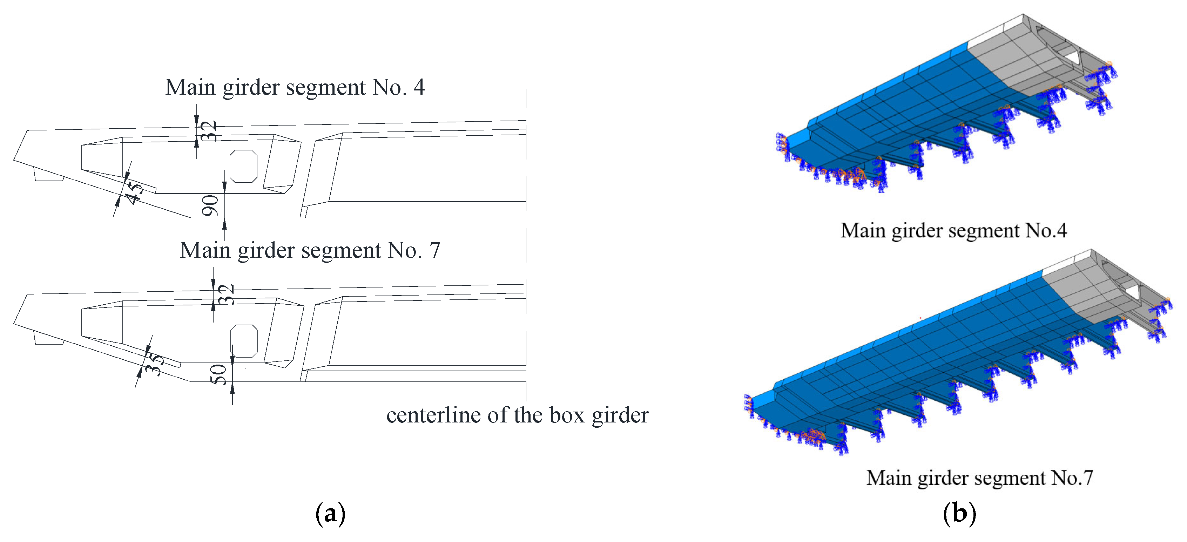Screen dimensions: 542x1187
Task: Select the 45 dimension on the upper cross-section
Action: point(134,193)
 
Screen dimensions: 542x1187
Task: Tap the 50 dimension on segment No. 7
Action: point(218,374)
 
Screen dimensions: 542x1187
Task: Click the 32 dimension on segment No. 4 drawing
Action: point(210,131)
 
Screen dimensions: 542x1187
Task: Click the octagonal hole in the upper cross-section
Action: point(243,166)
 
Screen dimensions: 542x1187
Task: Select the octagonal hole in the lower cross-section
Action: point(244,341)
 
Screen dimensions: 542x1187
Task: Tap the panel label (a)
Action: point(330,513)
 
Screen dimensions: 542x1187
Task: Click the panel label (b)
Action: point(959,513)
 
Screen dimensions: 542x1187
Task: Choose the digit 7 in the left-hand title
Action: point(434,251)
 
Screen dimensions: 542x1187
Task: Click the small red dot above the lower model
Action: point(920,318)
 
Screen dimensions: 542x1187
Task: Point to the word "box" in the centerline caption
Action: point(567,415)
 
